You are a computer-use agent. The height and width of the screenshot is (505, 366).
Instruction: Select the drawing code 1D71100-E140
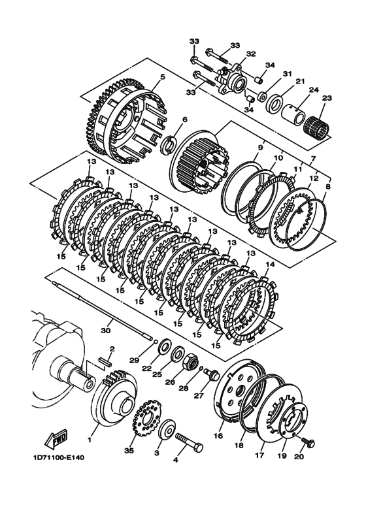point(59,457)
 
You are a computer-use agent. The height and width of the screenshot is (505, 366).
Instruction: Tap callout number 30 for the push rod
point(105,331)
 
